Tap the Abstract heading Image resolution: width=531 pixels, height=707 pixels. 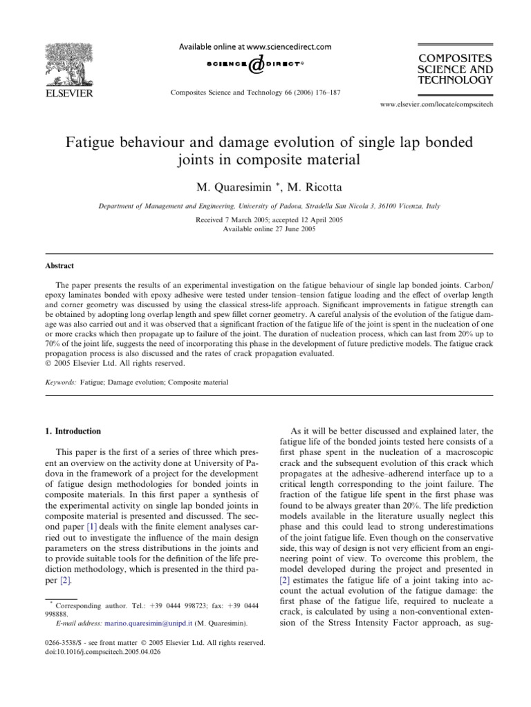coord(60,266)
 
